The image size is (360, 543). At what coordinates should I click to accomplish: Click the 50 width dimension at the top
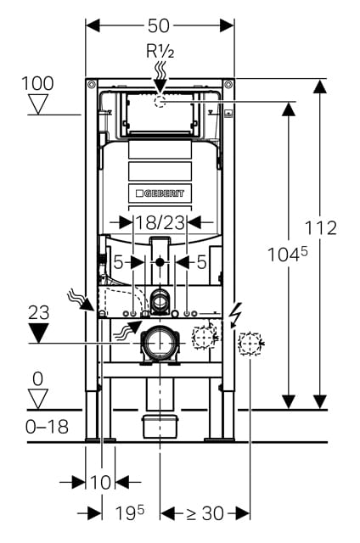click(159, 25)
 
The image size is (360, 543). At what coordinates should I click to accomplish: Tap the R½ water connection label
click(160, 51)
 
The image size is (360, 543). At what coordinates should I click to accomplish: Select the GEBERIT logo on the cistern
click(160, 193)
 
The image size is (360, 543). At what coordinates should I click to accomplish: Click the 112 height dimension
click(320, 228)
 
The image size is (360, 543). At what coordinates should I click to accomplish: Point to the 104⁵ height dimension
click(287, 255)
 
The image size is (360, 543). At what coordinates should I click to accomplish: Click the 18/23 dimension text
click(160, 222)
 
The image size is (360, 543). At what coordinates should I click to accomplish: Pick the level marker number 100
click(37, 83)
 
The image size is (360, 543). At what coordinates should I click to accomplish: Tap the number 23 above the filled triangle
click(39, 313)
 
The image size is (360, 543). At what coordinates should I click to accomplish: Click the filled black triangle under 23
click(38, 333)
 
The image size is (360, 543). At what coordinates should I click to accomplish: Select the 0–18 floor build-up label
click(47, 427)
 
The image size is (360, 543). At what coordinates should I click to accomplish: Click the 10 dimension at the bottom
click(100, 482)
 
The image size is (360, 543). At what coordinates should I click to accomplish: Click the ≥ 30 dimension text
click(205, 513)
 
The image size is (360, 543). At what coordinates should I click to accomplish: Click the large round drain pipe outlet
click(160, 343)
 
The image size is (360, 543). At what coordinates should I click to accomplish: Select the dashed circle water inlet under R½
click(160, 102)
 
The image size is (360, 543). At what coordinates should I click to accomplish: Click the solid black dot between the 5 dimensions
click(160, 262)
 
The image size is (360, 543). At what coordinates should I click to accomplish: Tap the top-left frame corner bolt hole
click(92, 85)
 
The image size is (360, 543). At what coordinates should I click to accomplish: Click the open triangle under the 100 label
click(37, 104)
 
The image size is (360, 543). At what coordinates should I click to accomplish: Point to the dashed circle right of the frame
click(250, 344)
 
